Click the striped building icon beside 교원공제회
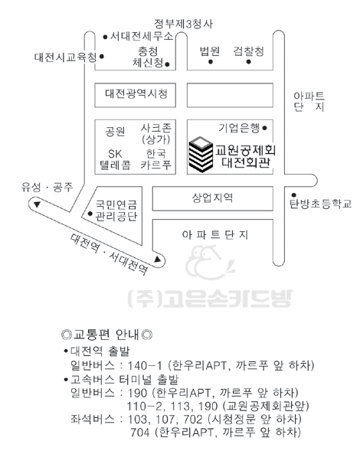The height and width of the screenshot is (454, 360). coord(201,155)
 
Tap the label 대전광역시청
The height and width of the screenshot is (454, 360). coord(136,94)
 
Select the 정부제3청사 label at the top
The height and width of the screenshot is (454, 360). coord(183,24)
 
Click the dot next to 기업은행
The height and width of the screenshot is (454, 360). coord(264,128)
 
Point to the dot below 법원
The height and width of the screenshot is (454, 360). coord(211,62)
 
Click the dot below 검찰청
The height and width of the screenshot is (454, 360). coord(248,62)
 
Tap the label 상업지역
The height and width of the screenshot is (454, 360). coord(213,198)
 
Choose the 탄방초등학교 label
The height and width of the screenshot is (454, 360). coord(321,204)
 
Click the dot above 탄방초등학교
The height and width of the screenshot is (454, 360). coord(293,195)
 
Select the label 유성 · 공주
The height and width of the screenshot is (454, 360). coord(47,187)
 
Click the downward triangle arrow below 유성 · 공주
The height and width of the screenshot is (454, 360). coord(37,204)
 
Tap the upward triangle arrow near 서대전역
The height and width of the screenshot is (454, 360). coord(157,259)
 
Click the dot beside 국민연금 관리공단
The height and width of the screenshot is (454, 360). coord(90,214)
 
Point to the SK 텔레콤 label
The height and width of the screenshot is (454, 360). coord(115,159)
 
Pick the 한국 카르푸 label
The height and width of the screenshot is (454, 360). coord(155,159)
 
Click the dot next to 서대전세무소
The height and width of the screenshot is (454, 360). coord(106,37)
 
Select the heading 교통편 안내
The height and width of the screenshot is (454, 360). coord(107,335)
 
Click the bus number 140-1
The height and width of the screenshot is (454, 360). coord(145,366)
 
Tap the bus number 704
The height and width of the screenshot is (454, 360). coord(140,433)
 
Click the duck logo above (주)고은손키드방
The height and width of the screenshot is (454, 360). coord(210,263)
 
